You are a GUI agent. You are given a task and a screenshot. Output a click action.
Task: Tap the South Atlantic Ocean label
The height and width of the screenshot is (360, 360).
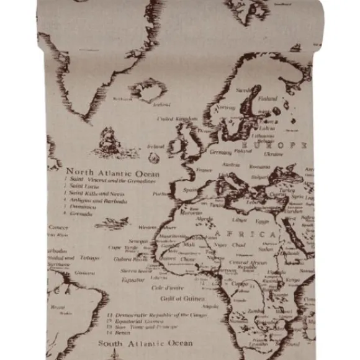145,343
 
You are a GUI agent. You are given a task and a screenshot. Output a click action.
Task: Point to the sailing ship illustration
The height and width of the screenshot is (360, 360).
107,141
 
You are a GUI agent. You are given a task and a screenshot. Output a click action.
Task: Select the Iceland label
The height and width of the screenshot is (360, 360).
161,104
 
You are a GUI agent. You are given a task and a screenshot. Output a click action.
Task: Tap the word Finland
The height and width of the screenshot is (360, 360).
268,98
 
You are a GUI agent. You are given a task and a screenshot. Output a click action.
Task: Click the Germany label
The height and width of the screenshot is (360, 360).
220,151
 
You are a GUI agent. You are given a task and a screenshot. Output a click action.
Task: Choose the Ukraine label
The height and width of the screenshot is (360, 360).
274,153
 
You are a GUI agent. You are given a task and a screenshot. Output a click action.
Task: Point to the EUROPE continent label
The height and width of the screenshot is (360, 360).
273,143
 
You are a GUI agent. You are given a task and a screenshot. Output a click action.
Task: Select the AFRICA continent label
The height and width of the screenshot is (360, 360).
246,234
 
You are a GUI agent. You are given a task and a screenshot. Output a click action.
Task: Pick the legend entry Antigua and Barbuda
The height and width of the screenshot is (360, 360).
98,200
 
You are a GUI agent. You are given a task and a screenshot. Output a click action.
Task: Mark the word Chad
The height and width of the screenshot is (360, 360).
238,245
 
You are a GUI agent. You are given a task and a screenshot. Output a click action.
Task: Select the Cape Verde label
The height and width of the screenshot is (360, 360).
123,247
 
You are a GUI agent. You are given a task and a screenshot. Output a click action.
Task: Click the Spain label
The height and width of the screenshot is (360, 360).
190,190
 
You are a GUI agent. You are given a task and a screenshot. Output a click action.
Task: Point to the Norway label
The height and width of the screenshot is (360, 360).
225,107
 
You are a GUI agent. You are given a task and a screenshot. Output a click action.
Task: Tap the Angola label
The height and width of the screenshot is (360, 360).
210,305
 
